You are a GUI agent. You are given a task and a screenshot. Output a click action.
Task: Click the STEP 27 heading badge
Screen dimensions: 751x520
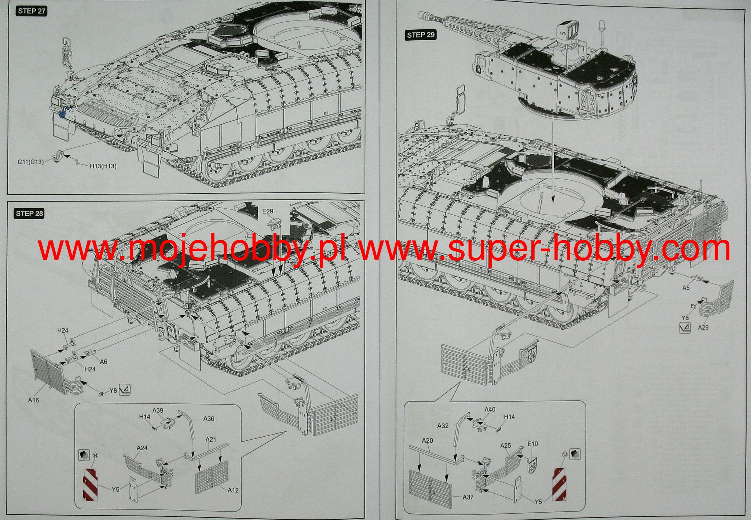32,11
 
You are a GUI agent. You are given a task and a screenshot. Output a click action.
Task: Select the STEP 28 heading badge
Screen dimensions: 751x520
29,213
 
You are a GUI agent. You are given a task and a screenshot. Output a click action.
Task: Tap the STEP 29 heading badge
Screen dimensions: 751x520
421,35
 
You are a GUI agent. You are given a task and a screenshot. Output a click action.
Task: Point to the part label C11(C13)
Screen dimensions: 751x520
30,162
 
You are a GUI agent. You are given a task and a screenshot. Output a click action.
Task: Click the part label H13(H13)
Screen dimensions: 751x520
103,166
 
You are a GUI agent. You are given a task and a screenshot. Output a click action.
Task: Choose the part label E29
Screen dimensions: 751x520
268,211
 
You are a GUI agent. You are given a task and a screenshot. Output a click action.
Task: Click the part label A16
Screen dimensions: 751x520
33,400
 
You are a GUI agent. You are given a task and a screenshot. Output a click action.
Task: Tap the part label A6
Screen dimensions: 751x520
103,362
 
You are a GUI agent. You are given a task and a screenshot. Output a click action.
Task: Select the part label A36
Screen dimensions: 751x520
209,419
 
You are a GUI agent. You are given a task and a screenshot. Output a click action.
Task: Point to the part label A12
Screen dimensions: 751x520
233,490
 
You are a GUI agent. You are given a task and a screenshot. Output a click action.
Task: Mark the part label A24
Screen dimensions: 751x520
142,448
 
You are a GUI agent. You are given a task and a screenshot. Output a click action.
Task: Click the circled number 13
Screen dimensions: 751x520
564,455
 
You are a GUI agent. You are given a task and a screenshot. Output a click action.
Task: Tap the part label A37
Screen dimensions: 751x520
468,497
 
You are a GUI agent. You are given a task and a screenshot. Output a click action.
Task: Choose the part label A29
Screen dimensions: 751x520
703,327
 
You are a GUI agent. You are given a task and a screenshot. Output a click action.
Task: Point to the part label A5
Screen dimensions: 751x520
686,288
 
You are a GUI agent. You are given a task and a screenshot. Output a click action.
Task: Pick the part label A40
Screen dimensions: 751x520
490,409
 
